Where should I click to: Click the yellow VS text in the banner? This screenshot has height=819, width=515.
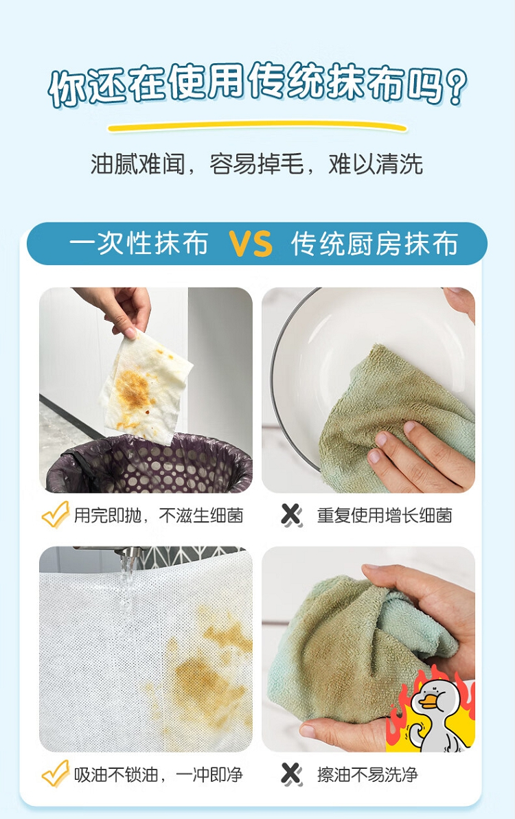coord(251,244)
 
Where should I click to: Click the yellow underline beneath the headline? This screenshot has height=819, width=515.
coord(257,126)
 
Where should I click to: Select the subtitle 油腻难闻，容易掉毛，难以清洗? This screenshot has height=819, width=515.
coord(256,164)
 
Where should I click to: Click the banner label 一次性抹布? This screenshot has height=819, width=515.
coord(139,244)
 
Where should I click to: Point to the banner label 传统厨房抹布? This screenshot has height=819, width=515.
coord(374,244)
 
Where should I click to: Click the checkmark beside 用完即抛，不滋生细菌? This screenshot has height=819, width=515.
coord(56,514)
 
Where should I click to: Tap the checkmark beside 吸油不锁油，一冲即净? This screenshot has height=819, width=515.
coord(56,774)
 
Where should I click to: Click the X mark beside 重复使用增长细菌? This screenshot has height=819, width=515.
coord(291,515)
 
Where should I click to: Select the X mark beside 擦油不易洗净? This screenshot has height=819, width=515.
coord(291,774)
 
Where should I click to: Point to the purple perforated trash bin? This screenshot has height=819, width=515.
coord(150,464)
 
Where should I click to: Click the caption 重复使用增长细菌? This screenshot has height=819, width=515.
coord(385,516)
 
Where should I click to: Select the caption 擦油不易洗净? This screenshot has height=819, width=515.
coord(367,774)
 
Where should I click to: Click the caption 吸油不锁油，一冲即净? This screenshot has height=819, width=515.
coord(158,774)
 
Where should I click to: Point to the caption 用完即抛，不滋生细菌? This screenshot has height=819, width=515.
coord(158,516)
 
